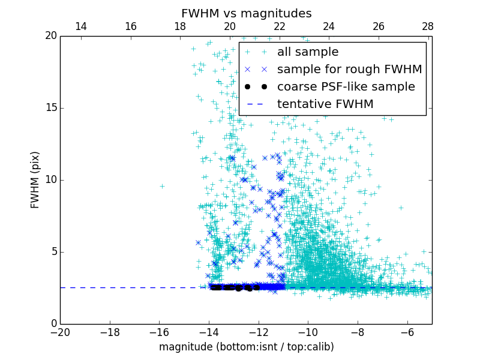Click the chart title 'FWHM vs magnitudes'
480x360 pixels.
click(x=246, y=13)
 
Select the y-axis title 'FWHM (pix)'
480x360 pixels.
click(x=35, y=180)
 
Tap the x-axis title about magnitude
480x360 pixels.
click(x=246, y=347)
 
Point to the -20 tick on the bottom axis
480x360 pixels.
click(x=60, y=332)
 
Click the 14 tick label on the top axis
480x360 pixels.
click(x=80, y=26)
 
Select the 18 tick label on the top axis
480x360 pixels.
click(x=179, y=26)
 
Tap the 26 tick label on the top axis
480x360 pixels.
click(x=378, y=26)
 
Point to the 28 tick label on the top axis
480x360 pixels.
click(x=428, y=26)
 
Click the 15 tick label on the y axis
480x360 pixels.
click(x=50, y=108)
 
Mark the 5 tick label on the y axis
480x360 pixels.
click(x=53, y=252)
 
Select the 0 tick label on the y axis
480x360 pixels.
click(x=53, y=324)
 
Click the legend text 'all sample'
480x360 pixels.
click(x=307, y=52)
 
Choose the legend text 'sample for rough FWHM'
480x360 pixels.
click(x=349, y=70)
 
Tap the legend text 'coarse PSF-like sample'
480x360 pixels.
click(x=346, y=87)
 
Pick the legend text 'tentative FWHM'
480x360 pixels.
click(x=325, y=104)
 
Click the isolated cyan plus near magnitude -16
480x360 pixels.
click(x=162, y=186)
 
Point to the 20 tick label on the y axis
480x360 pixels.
click(x=50, y=36)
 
